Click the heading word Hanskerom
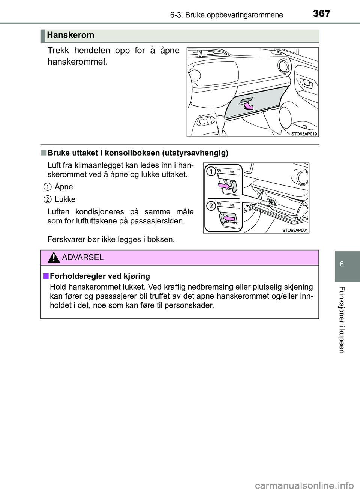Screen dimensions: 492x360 coord(70,35)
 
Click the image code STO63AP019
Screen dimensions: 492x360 coord(304,134)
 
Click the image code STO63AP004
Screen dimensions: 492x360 coord(295,230)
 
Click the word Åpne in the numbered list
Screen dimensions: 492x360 coord(64,187)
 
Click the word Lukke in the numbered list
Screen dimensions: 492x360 coord(65,199)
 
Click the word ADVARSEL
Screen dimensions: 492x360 coord(83,257)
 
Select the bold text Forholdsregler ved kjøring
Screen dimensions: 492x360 coord(99,276)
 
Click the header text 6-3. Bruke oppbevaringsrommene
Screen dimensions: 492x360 coord(226,15)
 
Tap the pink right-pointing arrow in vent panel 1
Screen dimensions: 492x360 coord(224,185)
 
